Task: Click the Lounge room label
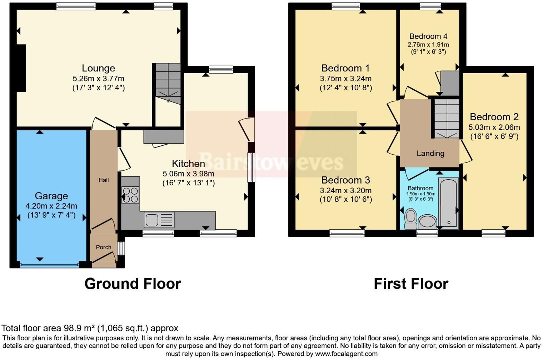(99, 68)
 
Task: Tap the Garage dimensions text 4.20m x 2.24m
(51, 206)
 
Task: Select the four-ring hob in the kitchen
(130, 195)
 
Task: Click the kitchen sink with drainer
(159, 220)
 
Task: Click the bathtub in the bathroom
(448, 203)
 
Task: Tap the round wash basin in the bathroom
(428, 222)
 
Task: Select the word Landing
(430, 154)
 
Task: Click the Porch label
(104, 247)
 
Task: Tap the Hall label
(104, 180)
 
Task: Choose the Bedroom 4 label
(428, 36)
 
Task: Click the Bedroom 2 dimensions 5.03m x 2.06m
(494, 127)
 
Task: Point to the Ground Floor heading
(133, 284)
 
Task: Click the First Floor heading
(411, 284)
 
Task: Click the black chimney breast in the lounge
(21, 68)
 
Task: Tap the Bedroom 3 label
(346, 180)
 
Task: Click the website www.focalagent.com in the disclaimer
(346, 354)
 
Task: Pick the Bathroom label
(420, 188)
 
